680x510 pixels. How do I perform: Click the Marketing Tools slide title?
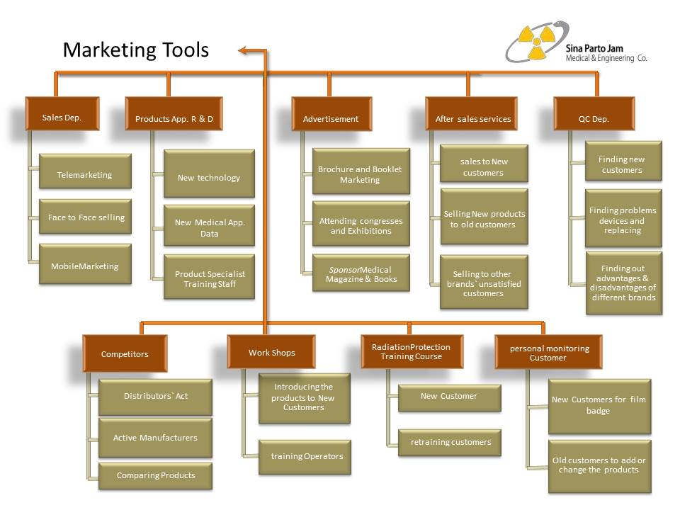point(136,50)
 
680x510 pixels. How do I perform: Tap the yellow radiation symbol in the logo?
point(535,41)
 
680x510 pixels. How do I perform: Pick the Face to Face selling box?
point(86,218)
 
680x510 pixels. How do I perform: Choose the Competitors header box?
point(125,353)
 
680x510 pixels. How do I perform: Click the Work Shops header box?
point(271,352)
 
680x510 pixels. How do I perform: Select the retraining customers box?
point(450,443)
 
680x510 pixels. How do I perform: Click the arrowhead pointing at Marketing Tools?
point(243,50)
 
